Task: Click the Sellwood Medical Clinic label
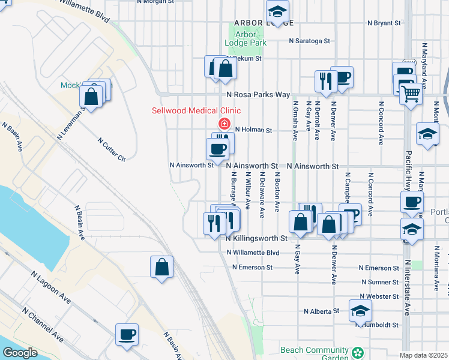(x=196, y=110)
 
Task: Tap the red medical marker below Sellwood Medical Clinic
(x=224, y=124)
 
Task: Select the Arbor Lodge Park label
(x=246, y=38)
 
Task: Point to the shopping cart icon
(x=411, y=93)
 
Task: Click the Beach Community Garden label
(x=314, y=353)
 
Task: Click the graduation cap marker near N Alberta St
(x=360, y=311)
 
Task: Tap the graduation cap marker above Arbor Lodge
(x=277, y=10)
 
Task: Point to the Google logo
(x=20, y=353)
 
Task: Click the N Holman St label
(x=253, y=130)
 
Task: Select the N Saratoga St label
(x=309, y=41)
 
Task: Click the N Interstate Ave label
(x=407, y=287)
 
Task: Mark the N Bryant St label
(x=384, y=23)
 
